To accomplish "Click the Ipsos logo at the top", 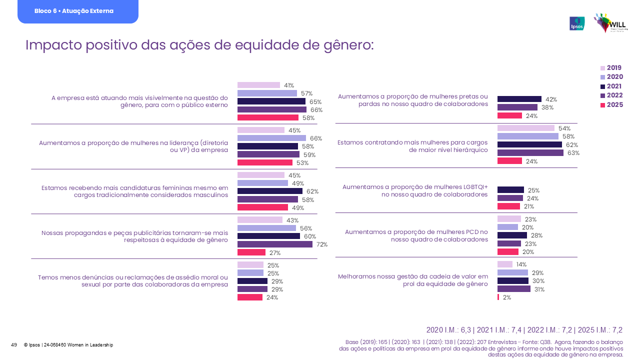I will [577, 23].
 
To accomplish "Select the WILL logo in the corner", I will [610, 23].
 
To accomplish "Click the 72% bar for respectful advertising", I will [274, 244].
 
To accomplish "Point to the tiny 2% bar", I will [498, 297].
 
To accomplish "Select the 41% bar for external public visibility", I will [258, 85].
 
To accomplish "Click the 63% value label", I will [573, 153].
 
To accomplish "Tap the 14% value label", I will [521, 264].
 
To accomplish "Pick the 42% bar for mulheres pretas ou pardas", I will [519, 99].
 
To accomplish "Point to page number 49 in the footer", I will [14, 345].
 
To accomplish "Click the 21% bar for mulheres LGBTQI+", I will [508, 206].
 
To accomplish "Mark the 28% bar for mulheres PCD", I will [512, 235].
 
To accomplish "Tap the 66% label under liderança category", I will [315, 138].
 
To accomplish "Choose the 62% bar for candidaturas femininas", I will [269, 191].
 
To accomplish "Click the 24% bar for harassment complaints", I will [249, 297].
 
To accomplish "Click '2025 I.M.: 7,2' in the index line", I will [600, 330].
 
